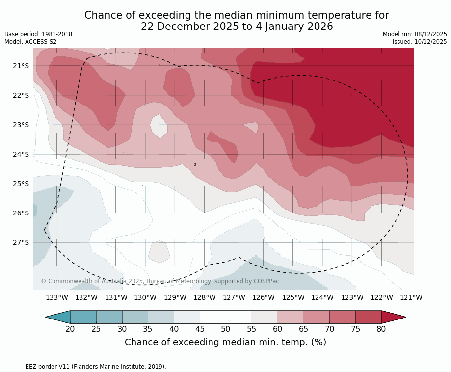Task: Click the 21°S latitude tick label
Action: click(x=21, y=66)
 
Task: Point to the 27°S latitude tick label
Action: click(x=21, y=242)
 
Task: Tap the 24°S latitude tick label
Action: click(x=21, y=154)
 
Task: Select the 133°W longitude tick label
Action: click(x=56, y=297)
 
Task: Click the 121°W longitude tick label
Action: click(x=411, y=297)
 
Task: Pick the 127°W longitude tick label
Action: click(x=234, y=297)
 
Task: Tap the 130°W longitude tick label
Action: click(x=145, y=297)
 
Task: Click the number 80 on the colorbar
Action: click(x=381, y=329)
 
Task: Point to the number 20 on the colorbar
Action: click(x=70, y=329)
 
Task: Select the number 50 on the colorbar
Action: click(x=226, y=329)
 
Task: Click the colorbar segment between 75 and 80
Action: click(x=368, y=317)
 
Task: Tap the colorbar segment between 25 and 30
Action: click(x=109, y=317)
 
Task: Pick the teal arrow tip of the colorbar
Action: click(x=58, y=317)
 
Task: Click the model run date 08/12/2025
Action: click(x=431, y=34)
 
